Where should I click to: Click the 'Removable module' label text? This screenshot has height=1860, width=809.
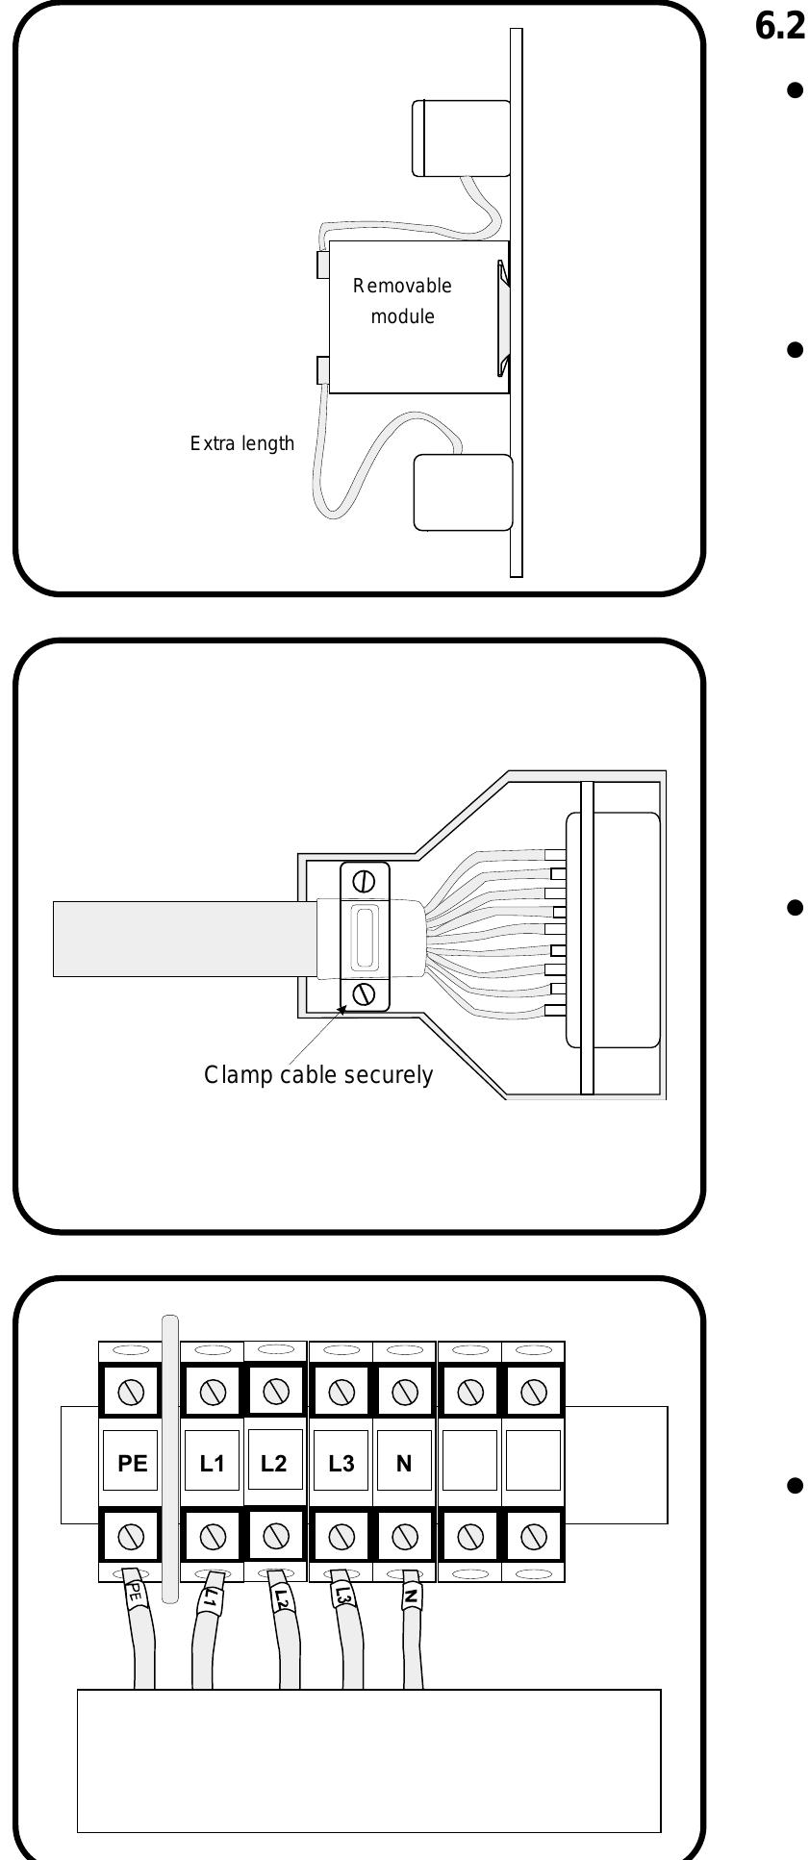coord(402,301)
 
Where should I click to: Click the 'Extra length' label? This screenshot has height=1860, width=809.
coord(242,444)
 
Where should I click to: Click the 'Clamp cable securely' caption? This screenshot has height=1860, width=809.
coord(318,1075)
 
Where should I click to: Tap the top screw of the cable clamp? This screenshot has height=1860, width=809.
coord(365,881)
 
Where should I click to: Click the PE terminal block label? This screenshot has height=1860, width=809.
coord(132,1464)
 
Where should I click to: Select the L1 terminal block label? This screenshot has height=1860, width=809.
coord(213,1464)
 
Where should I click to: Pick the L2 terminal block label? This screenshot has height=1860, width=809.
coord(274,1464)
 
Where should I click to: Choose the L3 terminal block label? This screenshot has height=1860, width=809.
coord(341,1464)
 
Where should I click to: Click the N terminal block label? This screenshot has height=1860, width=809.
coord(404,1464)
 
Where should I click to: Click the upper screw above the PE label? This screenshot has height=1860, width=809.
coord(132,1392)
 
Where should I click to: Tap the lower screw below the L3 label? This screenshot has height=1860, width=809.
coord(341,1537)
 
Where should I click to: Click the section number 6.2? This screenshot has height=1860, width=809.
coord(780,27)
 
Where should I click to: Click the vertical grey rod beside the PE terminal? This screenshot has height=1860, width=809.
coord(170,1462)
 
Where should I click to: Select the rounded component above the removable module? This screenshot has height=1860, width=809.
coord(460,138)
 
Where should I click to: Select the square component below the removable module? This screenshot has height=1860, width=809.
coord(463,492)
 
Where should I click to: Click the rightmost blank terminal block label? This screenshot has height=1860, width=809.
coord(532,1464)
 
